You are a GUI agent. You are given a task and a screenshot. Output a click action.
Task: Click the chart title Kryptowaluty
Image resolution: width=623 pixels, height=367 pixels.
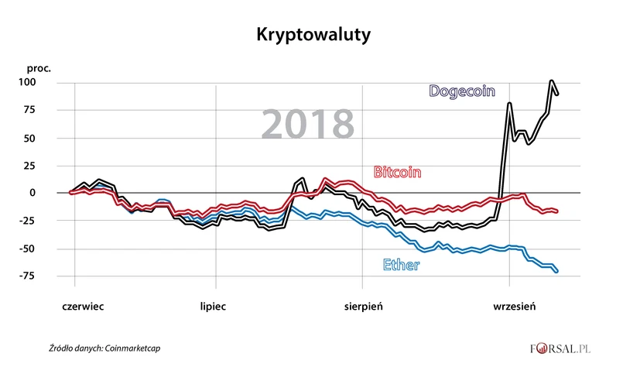[x=310, y=36]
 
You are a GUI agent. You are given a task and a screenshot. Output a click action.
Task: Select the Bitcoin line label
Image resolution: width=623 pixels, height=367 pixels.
[x=397, y=172]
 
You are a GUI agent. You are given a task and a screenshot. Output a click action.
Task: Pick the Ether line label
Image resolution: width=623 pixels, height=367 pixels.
[x=401, y=266]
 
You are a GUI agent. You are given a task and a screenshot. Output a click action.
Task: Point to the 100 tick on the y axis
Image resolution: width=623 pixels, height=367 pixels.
[x=39, y=83]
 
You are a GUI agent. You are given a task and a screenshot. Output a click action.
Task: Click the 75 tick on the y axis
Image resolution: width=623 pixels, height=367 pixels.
[x=42, y=111]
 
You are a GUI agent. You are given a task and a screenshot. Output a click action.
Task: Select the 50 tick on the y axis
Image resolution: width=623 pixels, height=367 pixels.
[x=42, y=139]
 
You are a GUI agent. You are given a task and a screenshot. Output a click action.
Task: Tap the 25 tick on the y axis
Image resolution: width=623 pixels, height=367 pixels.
[x=42, y=166]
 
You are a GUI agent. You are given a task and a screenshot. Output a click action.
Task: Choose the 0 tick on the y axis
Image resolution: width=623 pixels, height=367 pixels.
[x=45, y=194]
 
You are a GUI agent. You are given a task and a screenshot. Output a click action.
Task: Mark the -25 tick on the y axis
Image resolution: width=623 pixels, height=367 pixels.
[x=39, y=221]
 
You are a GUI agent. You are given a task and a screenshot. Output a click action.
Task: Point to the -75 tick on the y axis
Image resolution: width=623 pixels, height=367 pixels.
[x=39, y=276]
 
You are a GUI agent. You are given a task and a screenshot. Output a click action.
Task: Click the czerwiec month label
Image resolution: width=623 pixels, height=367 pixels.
[x=83, y=306]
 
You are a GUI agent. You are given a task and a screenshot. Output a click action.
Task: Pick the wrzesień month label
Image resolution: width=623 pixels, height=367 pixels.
[x=515, y=306]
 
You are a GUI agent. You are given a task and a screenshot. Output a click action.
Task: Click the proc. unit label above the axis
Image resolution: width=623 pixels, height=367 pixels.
[x=39, y=68]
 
